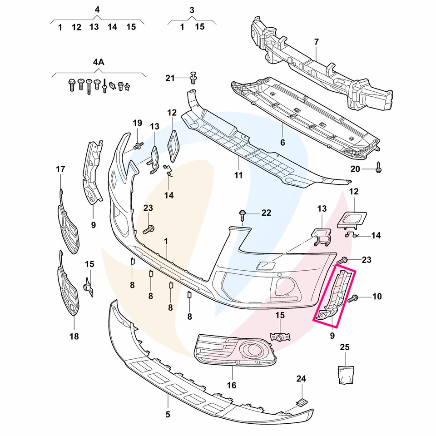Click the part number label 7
[x=316, y=42]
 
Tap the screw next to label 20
[x=379, y=169]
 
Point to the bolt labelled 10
[x=354, y=298]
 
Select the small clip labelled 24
[x=301, y=401]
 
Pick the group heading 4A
[x=99, y=62]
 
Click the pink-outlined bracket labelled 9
[x=335, y=296]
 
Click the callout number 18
[x=74, y=337]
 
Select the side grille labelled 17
[x=67, y=223]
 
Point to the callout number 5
[x=168, y=414]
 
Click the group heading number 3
[x=192, y=10]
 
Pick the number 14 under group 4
[x=112, y=27]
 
